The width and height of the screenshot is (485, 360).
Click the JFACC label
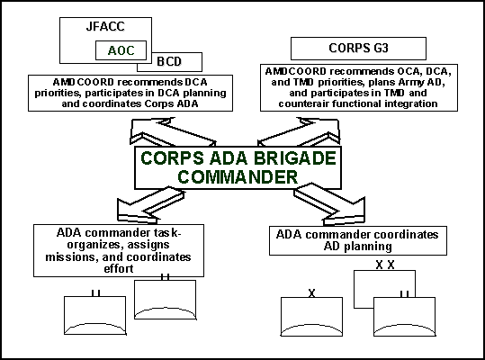(x=105, y=26)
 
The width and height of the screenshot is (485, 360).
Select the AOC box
(x=121, y=50)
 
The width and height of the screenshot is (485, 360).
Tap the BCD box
(x=169, y=62)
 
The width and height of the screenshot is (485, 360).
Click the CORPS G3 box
(x=358, y=49)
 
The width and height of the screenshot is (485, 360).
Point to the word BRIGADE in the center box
(x=295, y=158)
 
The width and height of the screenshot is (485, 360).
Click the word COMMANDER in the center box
(x=238, y=177)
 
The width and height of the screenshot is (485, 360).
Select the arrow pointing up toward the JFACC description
(x=172, y=132)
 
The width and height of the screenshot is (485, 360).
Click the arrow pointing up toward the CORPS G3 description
(x=299, y=131)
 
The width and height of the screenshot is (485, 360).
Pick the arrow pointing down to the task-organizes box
(x=151, y=205)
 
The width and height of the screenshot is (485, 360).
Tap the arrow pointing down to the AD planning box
(x=329, y=204)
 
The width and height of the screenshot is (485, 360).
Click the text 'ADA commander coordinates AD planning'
(x=357, y=240)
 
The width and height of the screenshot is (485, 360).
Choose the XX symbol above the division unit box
(x=385, y=265)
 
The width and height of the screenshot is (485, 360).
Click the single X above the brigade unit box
(x=311, y=293)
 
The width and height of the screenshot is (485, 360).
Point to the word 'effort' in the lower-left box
(x=119, y=268)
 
